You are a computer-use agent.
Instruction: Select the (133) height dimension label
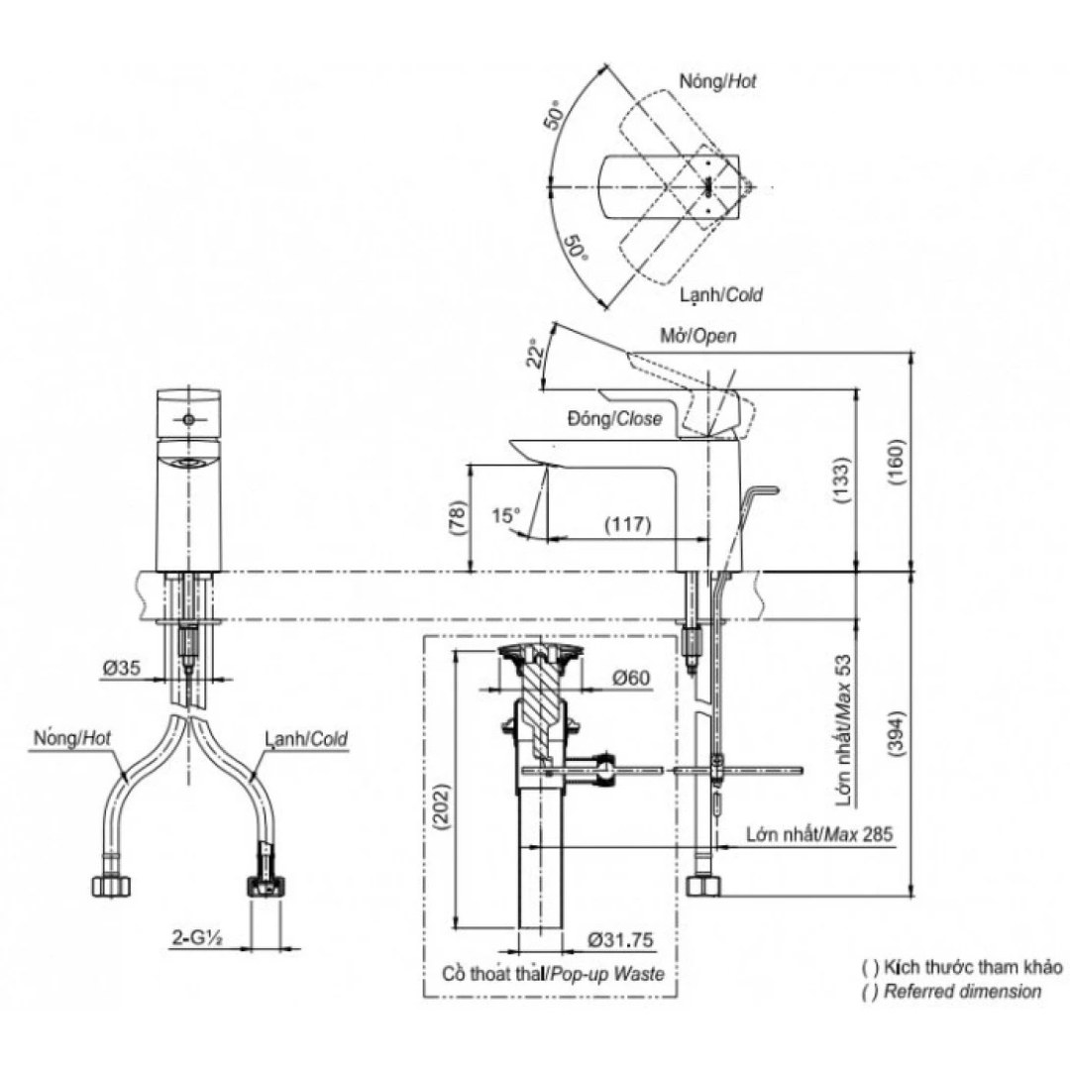coord(841,481)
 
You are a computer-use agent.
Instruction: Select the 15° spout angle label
coord(505,514)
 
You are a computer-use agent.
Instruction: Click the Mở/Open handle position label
coord(697,337)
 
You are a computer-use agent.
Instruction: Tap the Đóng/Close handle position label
coord(614,419)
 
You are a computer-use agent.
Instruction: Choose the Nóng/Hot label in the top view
coord(718,82)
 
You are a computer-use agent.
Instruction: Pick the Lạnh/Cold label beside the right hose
coord(306,739)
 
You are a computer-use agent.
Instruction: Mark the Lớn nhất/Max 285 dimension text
coord(819,834)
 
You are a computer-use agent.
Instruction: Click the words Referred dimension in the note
coord(962,991)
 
